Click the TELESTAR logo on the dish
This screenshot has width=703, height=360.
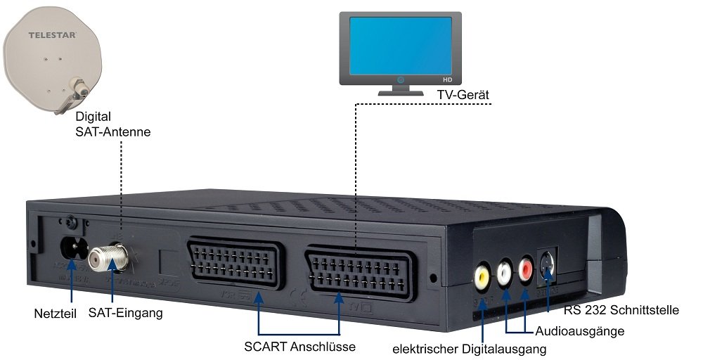tap(52, 34)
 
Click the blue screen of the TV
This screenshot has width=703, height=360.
tap(401, 46)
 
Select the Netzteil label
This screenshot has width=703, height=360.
tap(56, 312)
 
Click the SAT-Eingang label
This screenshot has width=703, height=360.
tap(126, 313)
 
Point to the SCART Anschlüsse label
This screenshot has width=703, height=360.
tap(299, 346)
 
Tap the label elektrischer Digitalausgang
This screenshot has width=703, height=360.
tap(470, 347)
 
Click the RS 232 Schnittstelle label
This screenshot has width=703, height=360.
tap(621, 309)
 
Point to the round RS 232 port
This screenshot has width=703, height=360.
tap(548, 262)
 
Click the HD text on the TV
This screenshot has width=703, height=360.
tap(446, 80)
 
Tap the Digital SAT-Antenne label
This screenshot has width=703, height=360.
tap(112, 124)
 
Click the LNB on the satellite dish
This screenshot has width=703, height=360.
tap(79, 89)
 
